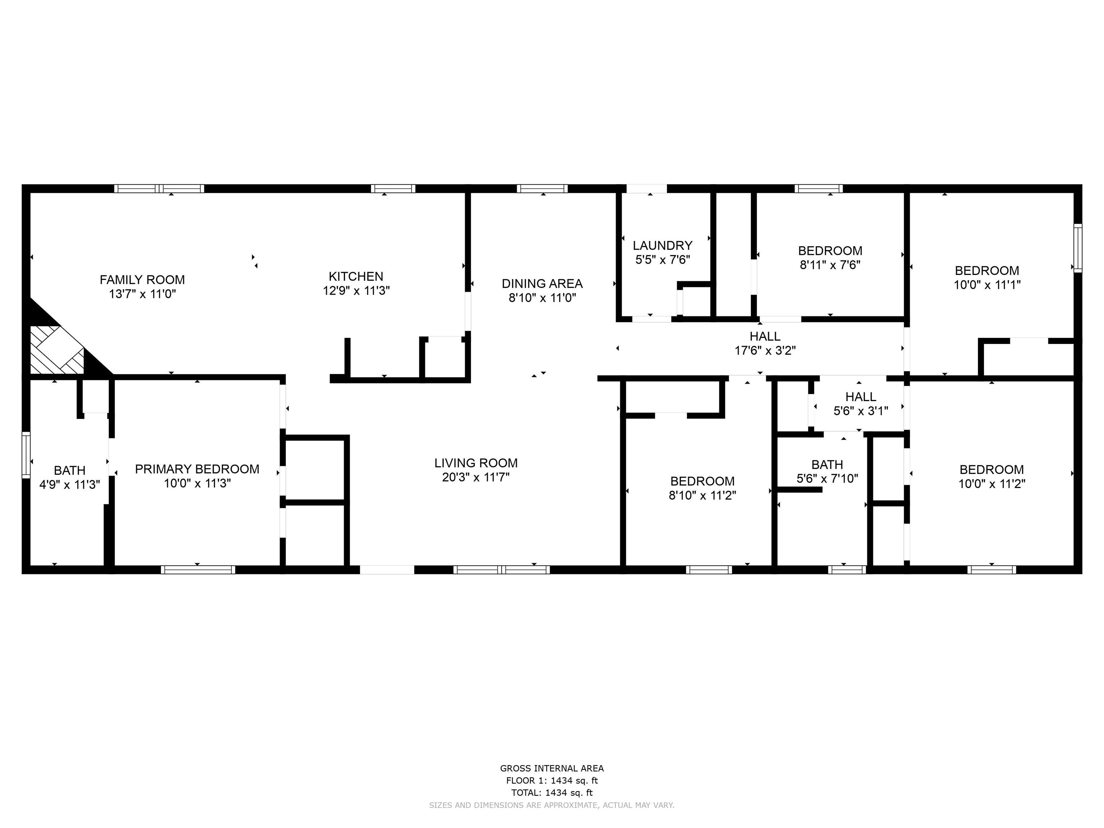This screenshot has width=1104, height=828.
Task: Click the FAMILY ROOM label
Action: [142, 280]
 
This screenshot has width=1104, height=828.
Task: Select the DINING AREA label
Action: [542, 284]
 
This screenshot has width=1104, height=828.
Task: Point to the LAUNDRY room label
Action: [663, 245]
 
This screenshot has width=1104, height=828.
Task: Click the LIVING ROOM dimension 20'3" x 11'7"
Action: [476, 478]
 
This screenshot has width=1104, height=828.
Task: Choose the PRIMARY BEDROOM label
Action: [197, 469]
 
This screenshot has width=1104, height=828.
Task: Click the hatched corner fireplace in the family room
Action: [57, 349]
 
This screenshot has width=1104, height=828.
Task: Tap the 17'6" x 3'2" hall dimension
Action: [765, 351]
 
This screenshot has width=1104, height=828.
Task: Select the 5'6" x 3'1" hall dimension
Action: [861, 411]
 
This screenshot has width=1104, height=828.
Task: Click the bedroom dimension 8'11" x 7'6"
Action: [831, 265]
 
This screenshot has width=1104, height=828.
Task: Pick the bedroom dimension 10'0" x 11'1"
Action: [987, 285]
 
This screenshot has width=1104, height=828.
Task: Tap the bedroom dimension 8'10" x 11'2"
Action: [703, 496]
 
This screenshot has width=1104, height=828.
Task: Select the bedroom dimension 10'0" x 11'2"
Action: [992, 484]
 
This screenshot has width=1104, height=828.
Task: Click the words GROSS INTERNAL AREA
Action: [552, 769]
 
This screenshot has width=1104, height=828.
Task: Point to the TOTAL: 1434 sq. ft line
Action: [552, 792]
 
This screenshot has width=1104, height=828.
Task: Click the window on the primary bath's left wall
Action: [26, 455]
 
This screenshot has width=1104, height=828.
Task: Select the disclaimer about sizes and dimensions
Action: [552, 805]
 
